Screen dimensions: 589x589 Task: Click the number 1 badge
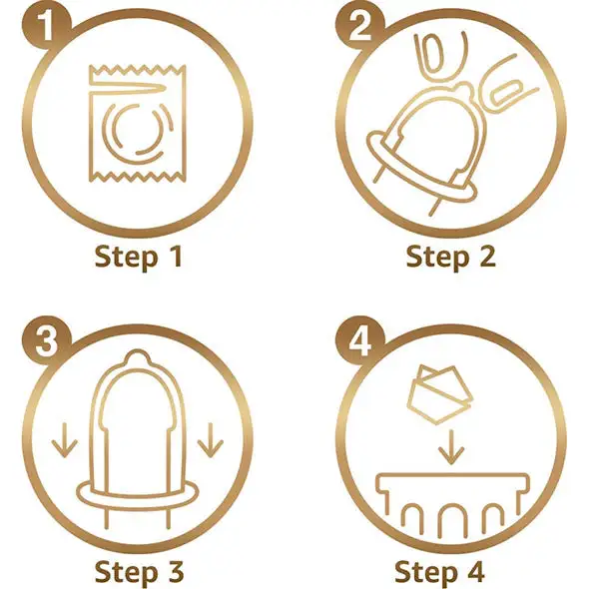(x=47, y=26)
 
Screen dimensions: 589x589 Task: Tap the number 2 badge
(x=360, y=26)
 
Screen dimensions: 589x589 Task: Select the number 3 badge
(x=47, y=341)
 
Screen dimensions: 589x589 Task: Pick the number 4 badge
(x=360, y=341)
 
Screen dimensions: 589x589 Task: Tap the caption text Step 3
(x=139, y=572)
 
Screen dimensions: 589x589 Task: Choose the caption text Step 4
(x=439, y=572)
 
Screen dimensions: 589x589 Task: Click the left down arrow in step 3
(x=65, y=440)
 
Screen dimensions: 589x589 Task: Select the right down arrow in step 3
(x=211, y=440)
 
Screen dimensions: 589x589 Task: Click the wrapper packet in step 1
(x=138, y=124)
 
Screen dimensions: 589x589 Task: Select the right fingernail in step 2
(x=506, y=93)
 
